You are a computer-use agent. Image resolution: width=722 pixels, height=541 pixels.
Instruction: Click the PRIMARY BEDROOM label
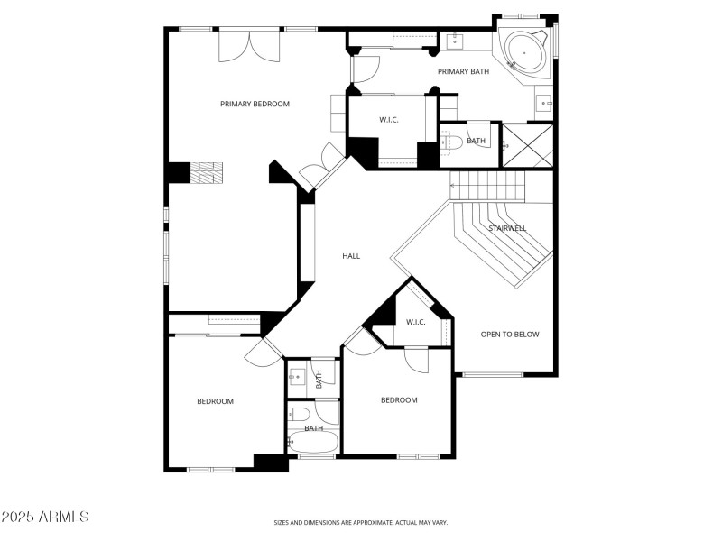tap(255, 104)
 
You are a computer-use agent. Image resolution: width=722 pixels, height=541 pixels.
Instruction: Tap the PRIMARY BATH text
tap(463, 71)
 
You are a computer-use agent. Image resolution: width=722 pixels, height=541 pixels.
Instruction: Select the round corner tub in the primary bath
tap(523, 51)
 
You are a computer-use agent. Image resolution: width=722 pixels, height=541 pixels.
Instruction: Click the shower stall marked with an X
tap(526, 145)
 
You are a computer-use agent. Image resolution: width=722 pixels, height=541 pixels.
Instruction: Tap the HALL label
tap(351, 256)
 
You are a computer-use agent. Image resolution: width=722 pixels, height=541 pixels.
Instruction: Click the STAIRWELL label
tap(507, 228)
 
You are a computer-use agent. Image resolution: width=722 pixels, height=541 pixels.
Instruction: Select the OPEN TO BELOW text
tap(509, 335)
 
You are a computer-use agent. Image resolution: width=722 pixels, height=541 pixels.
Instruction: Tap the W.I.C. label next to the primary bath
tap(389, 120)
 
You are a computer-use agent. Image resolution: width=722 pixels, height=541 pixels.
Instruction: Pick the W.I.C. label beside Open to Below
tap(415, 322)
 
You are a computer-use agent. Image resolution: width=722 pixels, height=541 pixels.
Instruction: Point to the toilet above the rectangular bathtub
tap(301, 415)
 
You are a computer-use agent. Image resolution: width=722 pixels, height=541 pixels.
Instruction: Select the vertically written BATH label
tap(319, 380)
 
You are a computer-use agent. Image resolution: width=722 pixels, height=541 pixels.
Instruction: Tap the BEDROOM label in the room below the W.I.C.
tap(398, 399)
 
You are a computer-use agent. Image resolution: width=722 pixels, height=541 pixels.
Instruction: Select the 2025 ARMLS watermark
tap(45, 518)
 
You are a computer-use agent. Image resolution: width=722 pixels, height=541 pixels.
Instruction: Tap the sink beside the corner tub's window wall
tap(544, 104)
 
